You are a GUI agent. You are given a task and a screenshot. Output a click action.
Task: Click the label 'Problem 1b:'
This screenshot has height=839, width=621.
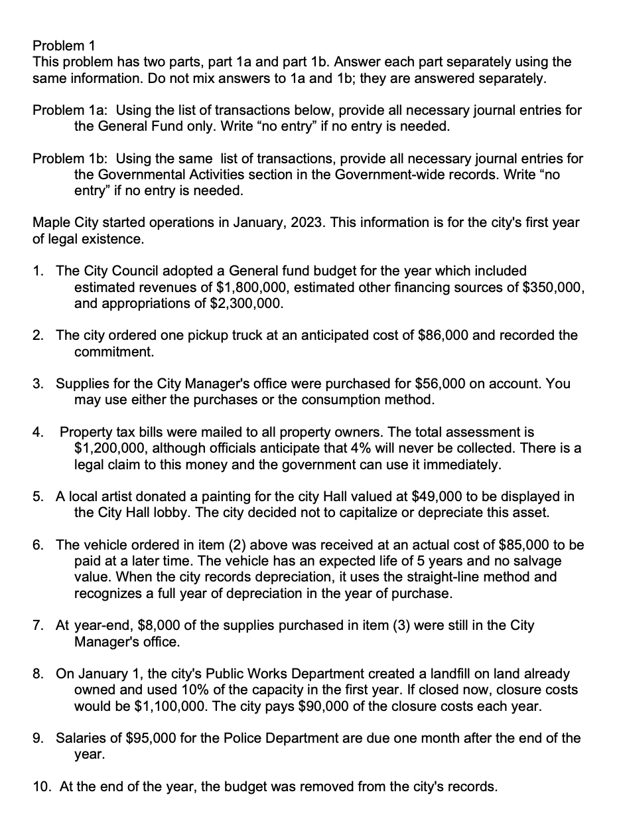(x=71, y=159)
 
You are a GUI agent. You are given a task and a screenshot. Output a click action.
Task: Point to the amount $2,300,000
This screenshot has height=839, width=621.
(x=240, y=304)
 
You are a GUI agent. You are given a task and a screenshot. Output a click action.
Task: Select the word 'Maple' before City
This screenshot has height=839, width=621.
(x=50, y=223)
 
